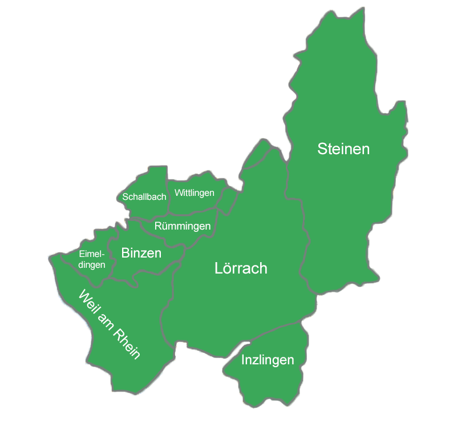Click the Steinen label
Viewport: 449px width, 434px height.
(343, 149)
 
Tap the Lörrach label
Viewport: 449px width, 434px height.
(241, 268)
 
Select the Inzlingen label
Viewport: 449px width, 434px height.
(268, 360)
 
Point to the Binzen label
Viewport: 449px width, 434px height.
(141, 253)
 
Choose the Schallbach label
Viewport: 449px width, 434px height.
(144, 197)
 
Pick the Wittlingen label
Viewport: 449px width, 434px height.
(195, 192)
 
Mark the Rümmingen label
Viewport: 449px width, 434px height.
(183, 227)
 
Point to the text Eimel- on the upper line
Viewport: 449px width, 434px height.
(92, 255)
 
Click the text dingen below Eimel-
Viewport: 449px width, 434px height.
(91, 265)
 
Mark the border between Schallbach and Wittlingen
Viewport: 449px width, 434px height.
(167, 197)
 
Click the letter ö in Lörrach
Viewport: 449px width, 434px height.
(226, 268)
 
